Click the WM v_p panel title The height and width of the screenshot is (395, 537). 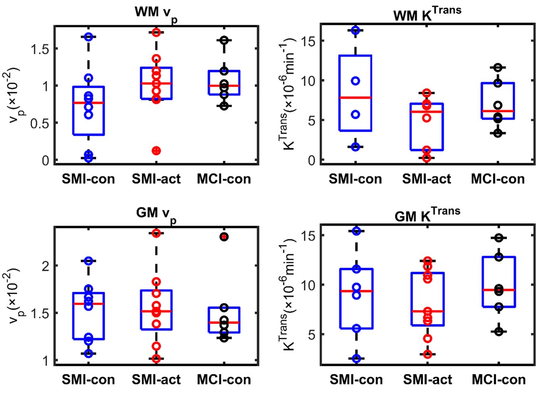[156, 13]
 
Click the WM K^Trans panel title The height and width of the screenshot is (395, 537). [427, 13]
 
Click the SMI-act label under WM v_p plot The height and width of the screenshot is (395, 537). [156, 179]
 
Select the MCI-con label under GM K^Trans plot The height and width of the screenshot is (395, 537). [499, 379]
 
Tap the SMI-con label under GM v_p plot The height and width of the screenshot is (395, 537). [88, 379]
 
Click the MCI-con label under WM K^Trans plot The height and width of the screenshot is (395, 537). [498, 179]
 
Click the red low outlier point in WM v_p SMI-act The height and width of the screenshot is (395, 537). [156, 151]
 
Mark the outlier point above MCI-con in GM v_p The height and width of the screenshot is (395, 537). [224, 237]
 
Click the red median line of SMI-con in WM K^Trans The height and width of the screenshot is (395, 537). [355, 97]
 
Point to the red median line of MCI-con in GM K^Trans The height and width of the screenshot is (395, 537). [499, 290]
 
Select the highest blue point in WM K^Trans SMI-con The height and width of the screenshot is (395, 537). [355, 30]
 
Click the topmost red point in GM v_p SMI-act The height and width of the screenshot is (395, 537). [156, 233]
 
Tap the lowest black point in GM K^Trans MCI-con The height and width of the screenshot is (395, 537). [499, 331]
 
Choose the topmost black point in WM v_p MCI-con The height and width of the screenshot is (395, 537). [224, 40]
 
